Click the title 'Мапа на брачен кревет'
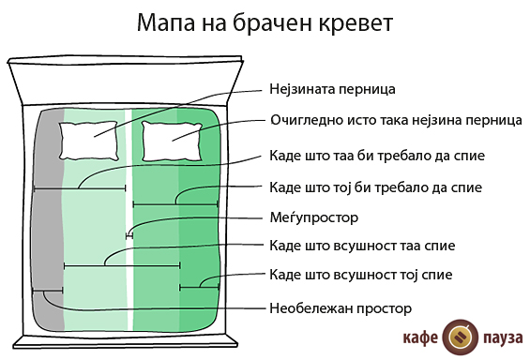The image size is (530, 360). click(265, 22)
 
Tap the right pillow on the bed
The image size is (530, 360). click(174, 140)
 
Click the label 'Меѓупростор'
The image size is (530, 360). click(313, 217)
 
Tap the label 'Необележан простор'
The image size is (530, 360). click(341, 307)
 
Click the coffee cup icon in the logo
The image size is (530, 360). click(459, 335)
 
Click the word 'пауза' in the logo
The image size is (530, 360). click(500, 336)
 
